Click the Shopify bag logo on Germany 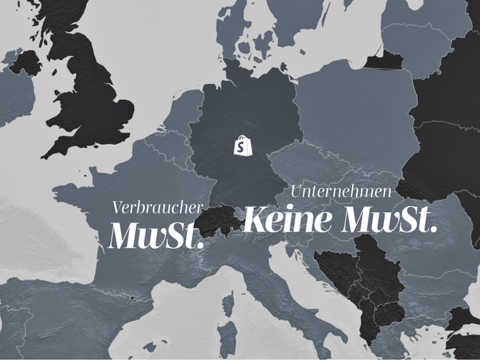[242, 145]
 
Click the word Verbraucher [157, 207]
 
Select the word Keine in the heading [288, 219]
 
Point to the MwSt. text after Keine [389, 219]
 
